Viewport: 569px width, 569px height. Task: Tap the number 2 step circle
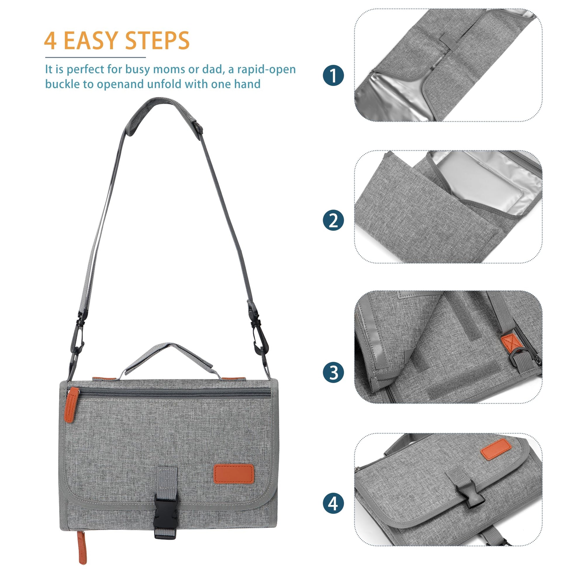tap(333, 220)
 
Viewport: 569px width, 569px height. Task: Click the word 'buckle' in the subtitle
tap(62, 84)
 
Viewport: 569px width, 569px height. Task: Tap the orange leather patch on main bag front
tap(234, 474)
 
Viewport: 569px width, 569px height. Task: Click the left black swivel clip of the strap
tap(77, 337)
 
